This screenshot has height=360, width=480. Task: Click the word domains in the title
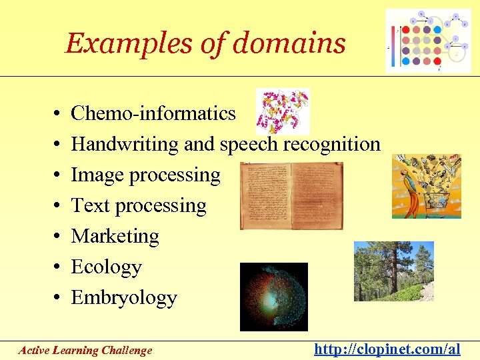[289, 44]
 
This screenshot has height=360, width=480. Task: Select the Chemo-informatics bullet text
[153, 113]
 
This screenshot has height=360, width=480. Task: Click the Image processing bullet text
[145, 175]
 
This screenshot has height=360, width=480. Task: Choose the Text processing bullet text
[139, 205]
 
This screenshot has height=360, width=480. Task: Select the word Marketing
[115, 236]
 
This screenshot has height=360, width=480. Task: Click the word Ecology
[106, 267]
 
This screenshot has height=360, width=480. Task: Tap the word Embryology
[124, 297]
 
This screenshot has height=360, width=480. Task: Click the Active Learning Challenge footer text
[85, 350]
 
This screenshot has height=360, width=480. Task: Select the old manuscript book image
[291, 195]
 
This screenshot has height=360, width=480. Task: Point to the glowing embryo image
[273, 297]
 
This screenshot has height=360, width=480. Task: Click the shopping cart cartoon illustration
[427, 186]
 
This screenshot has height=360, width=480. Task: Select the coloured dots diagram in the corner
[428, 41]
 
